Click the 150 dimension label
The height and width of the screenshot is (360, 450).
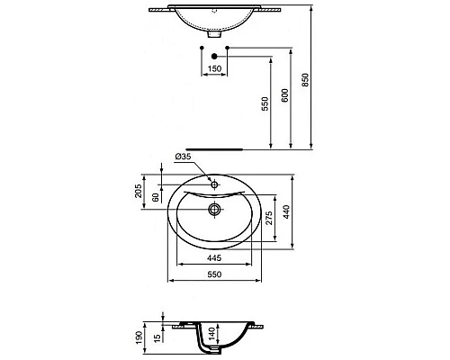click(214, 67)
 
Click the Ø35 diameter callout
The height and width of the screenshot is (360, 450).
click(184, 157)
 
